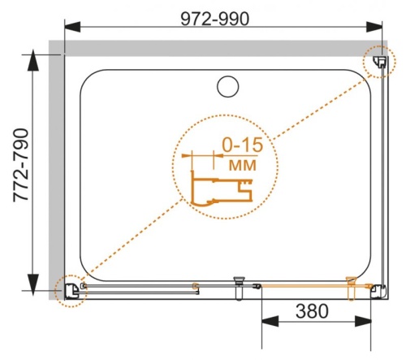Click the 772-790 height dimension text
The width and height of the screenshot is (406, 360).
(18, 171)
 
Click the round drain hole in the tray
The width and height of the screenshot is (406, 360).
(227, 85)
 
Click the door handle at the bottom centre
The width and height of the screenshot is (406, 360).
(239, 281)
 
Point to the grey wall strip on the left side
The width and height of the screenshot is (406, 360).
(56, 171)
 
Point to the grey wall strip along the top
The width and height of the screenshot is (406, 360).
(219, 47)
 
